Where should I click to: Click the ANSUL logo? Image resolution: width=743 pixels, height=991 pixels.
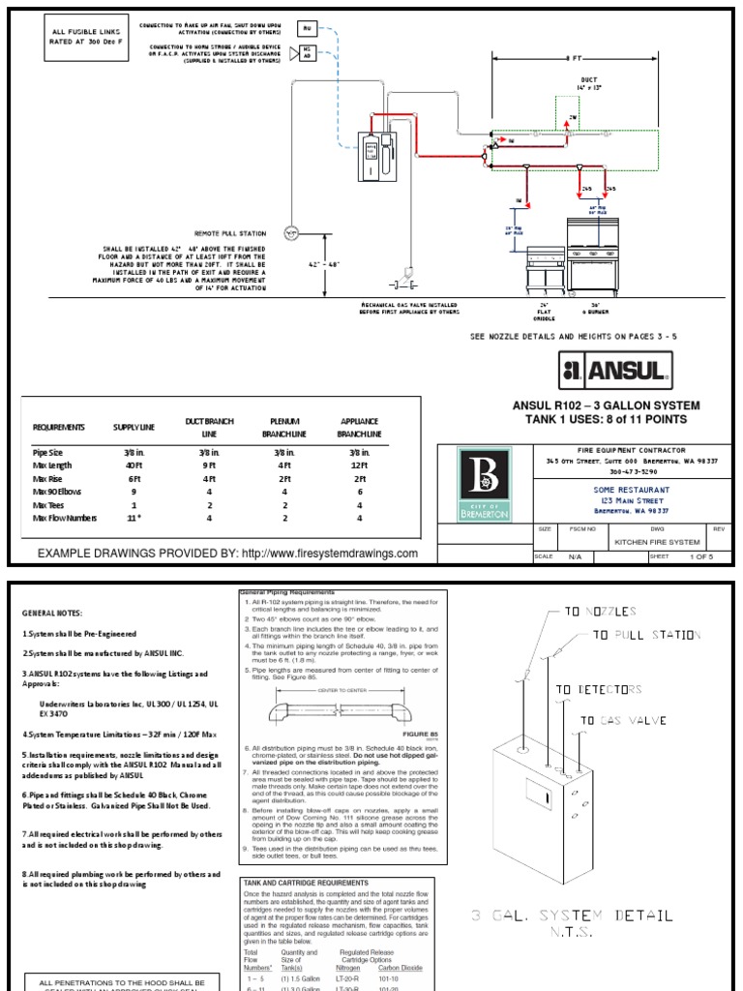[614, 370]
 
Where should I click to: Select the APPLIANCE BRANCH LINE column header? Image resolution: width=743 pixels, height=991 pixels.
[359, 428]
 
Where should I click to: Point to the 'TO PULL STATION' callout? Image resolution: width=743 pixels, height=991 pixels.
[645, 635]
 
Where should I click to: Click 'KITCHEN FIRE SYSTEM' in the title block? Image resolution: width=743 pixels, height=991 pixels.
[659, 543]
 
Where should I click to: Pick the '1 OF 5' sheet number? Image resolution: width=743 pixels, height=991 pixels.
[698, 557]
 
